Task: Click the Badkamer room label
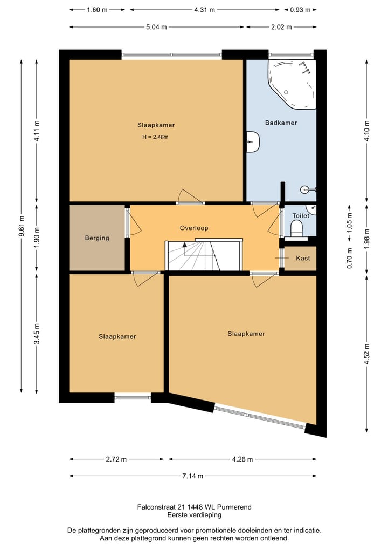281,123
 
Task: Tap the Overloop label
194,228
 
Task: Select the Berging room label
97,238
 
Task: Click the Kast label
303,258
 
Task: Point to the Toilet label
301,216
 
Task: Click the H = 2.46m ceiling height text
155,137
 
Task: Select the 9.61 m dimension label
22,226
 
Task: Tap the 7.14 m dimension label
193,476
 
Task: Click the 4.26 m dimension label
242,459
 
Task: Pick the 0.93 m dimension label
300,10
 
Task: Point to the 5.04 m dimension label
156,27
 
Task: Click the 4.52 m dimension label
366,354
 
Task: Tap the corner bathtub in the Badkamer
292,84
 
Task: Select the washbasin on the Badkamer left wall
252,142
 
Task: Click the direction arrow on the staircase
184,245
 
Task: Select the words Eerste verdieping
195,514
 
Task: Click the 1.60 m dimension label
97,10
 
